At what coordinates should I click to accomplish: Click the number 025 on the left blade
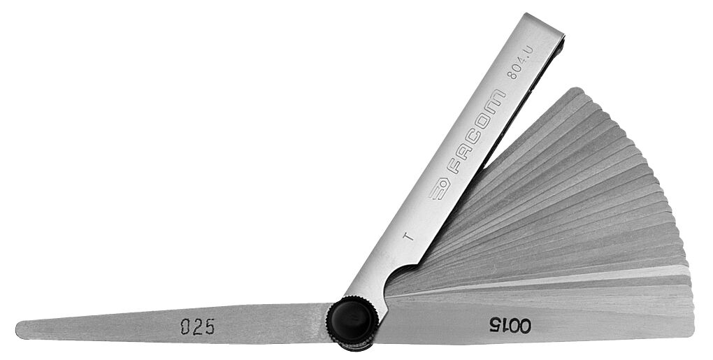[197, 326]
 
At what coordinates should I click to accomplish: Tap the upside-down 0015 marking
[510, 326]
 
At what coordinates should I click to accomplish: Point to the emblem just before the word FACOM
[439, 189]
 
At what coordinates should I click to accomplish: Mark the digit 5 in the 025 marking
[209, 326]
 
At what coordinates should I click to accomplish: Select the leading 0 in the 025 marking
[185, 327]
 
